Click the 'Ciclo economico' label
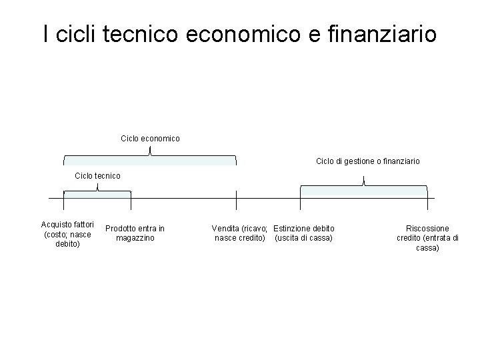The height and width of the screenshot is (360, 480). [x=150, y=139]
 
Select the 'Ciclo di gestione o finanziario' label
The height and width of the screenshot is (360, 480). [x=367, y=161]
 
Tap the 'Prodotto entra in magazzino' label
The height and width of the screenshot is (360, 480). [x=135, y=233]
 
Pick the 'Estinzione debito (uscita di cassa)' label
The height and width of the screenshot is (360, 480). [x=304, y=233]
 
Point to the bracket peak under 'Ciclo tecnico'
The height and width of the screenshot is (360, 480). [x=97, y=187]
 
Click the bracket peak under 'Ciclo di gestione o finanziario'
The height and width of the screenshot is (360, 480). [x=363, y=180]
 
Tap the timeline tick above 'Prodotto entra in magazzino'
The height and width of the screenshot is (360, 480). [x=131, y=199]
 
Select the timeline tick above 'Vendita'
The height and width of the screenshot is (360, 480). [x=237, y=199]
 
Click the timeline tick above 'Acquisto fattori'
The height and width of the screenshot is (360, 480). [x=63, y=199]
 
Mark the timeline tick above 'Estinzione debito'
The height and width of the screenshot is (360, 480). [x=301, y=199]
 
